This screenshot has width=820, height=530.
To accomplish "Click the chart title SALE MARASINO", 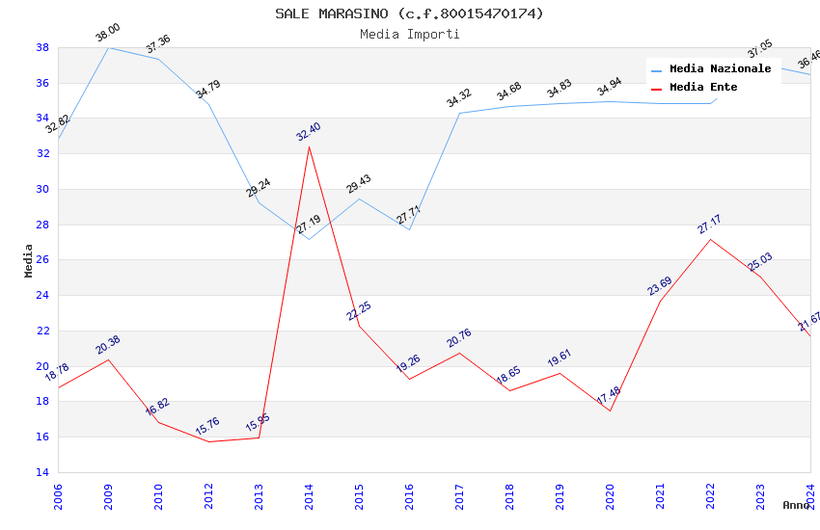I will click(x=409, y=13).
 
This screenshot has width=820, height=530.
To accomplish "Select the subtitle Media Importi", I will click(x=409, y=34).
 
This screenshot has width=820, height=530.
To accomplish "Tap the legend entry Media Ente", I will click(x=703, y=87).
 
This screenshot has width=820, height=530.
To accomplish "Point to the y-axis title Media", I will click(x=29, y=260).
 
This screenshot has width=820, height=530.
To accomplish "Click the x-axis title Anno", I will click(x=796, y=505).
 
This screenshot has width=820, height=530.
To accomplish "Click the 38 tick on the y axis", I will click(x=42, y=47).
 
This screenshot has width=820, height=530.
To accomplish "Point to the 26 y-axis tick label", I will click(x=42, y=260).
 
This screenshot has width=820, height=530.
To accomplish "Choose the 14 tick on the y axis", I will click(x=42, y=472).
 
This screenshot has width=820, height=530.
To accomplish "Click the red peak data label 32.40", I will click(x=309, y=132).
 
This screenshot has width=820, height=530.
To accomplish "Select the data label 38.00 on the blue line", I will click(x=107, y=35).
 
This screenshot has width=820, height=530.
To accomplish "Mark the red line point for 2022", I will click(x=710, y=239).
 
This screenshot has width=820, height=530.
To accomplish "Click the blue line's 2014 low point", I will click(x=309, y=239).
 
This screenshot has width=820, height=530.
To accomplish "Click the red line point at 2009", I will click(x=108, y=359).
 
